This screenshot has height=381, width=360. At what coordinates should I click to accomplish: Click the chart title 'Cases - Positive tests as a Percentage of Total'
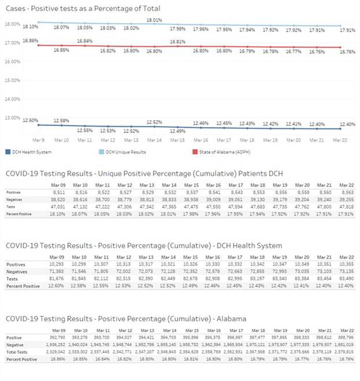point(83,9)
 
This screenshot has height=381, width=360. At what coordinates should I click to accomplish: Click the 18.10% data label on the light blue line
point(30,27)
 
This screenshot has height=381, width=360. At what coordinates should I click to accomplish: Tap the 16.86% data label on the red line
point(30,41)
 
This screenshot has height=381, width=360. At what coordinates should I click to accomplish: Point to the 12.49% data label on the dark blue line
point(177,131)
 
